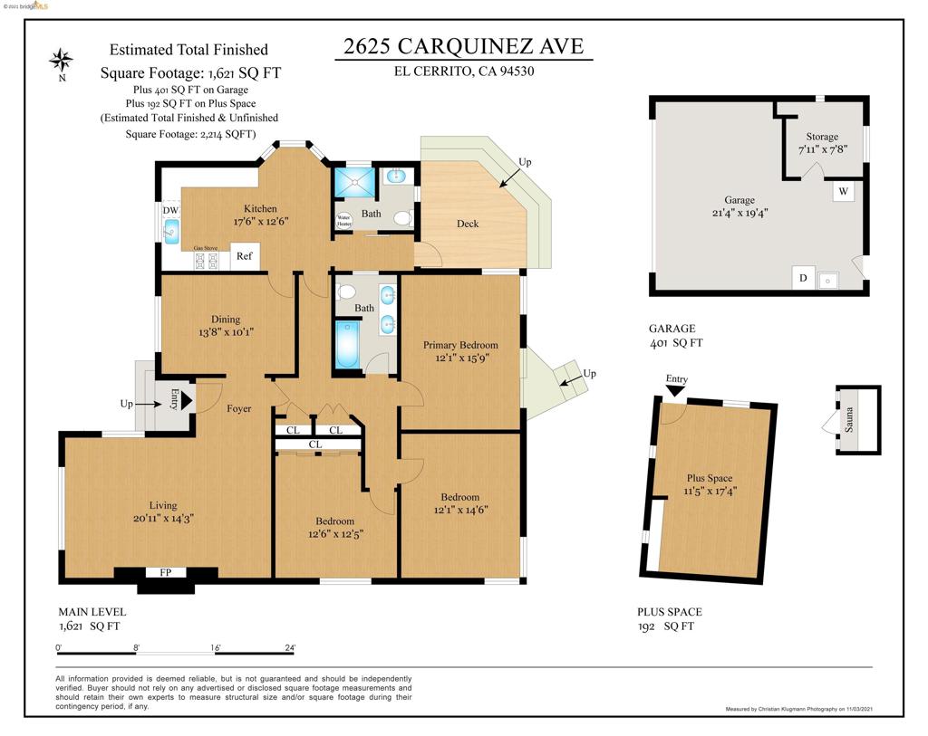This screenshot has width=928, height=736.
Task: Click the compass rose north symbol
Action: click(x=62, y=61)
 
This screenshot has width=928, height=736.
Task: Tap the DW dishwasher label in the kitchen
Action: click(x=170, y=210)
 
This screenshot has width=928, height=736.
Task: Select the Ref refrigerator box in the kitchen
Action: click(x=244, y=256)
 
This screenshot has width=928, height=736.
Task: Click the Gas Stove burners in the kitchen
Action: click(x=206, y=261)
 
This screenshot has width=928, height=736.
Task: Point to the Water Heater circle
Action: click(x=344, y=220)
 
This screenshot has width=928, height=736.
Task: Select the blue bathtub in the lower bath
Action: click(x=347, y=345)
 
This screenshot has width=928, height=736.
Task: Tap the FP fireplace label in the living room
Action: click(x=166, y=572)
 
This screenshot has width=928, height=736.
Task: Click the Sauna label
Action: click(x=849, y=421)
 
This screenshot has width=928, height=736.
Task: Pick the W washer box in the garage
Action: click(x=843, y=192)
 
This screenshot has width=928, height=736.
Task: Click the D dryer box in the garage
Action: click(x=803, y=278)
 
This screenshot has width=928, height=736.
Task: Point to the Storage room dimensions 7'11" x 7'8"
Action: click(x=822, y=149)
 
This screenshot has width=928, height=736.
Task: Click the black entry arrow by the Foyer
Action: click(x=186, y=399)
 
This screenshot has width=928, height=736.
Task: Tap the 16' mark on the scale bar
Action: click(x=216, y=648)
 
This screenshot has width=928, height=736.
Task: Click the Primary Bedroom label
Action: click(x=460, y=345)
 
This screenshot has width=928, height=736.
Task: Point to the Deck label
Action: click(x=468, y=224)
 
